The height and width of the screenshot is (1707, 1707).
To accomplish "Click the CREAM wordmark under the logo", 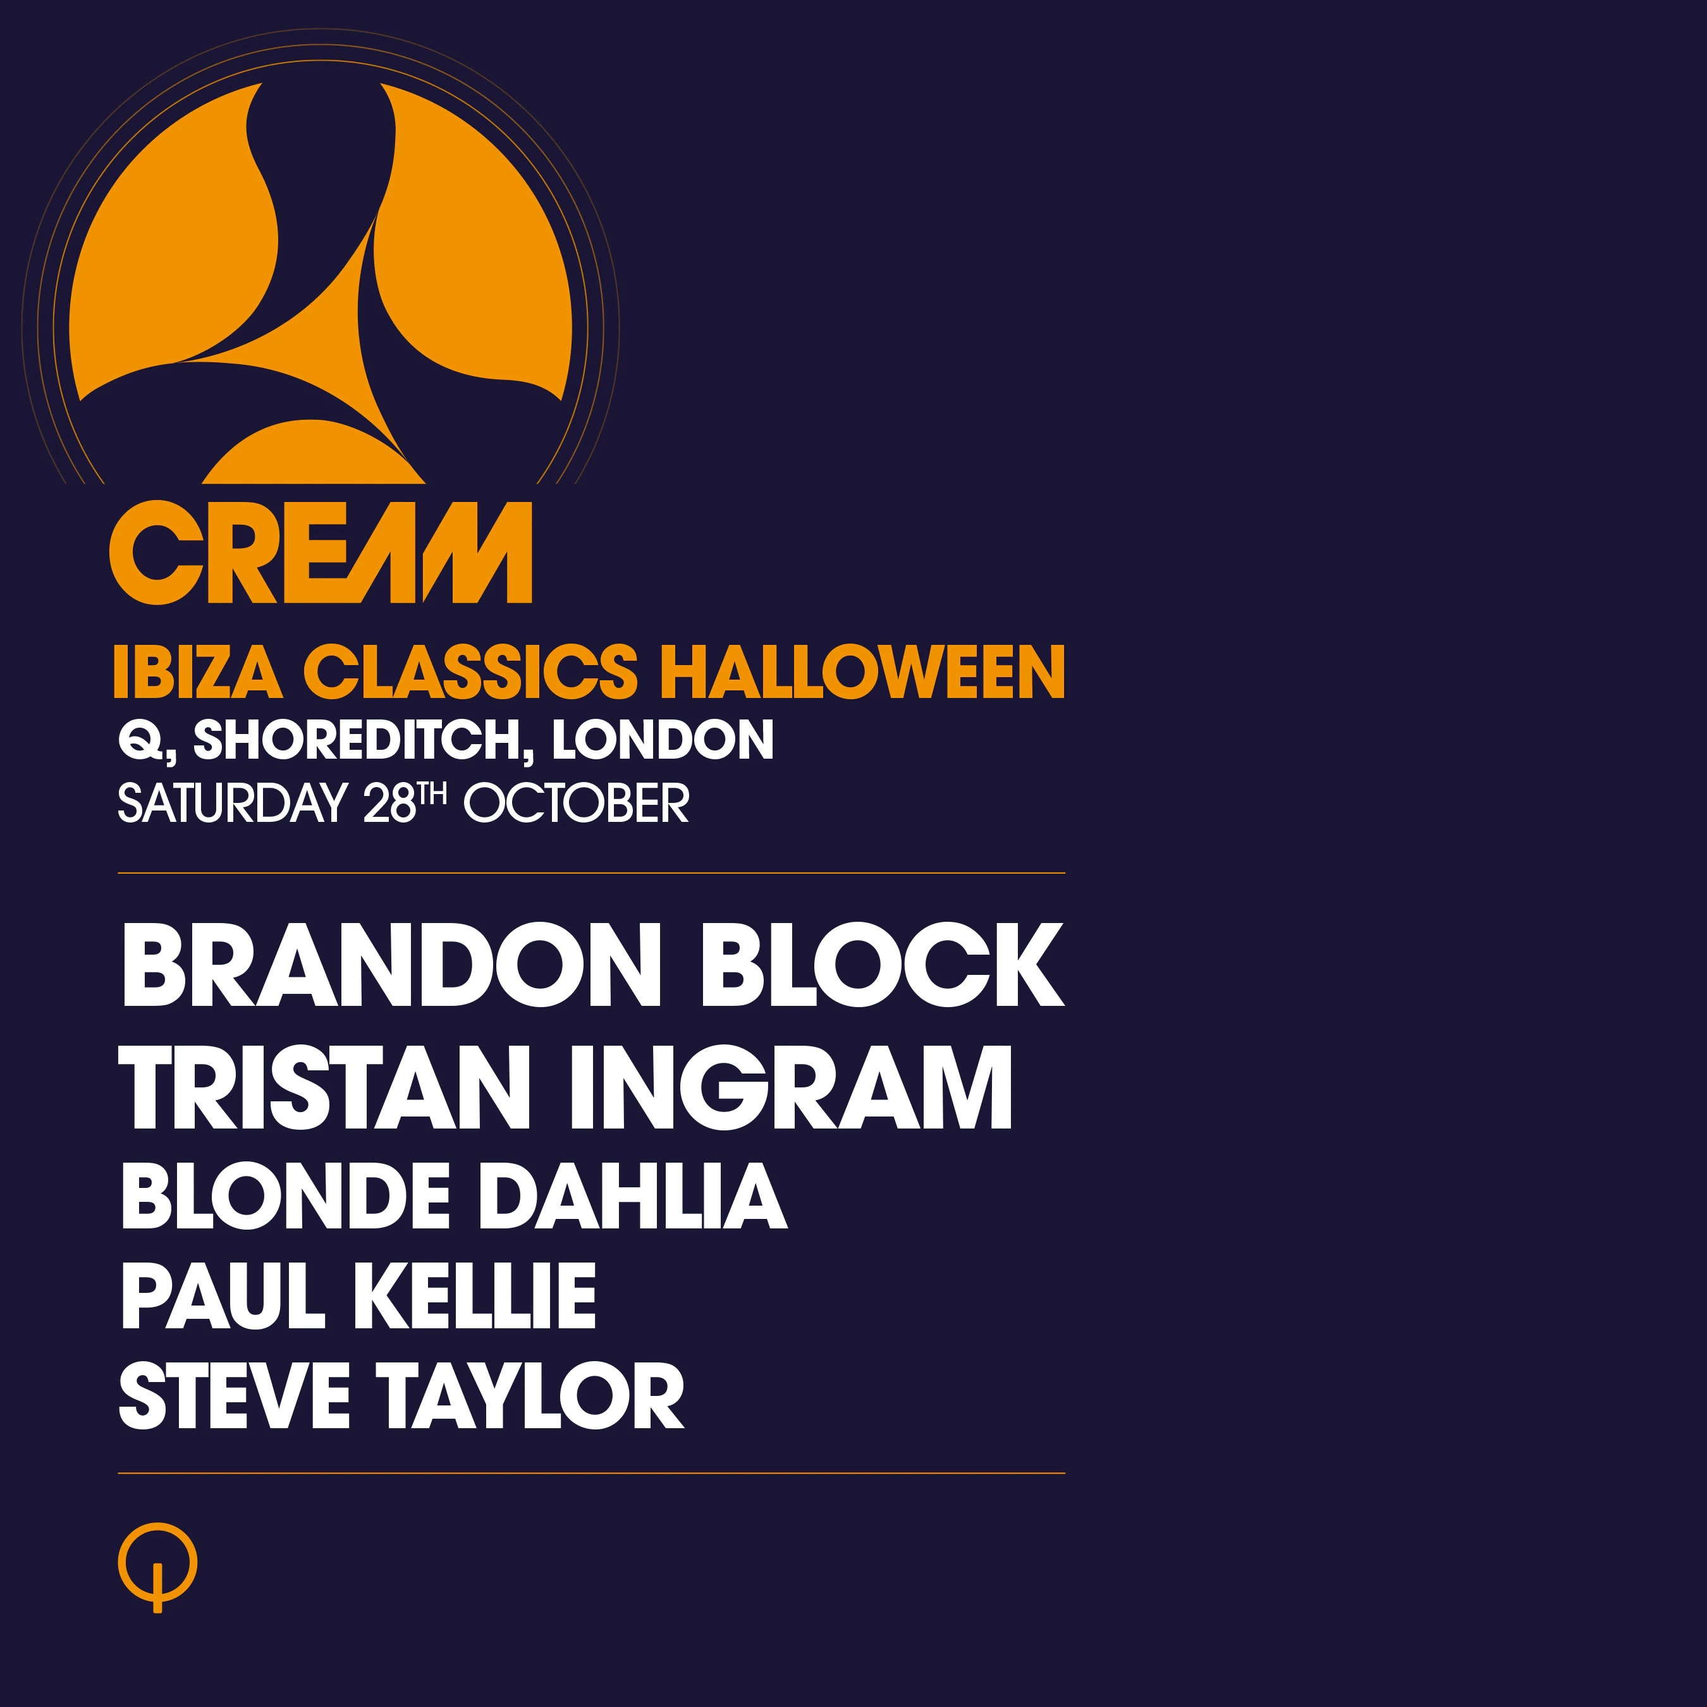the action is click(x=321, y=553).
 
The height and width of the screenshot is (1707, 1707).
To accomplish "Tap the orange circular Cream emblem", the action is click(x=321, y=283).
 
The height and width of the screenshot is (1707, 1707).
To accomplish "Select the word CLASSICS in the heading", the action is click(x=470, y=671).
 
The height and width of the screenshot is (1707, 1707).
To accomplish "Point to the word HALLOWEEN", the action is click(x=863, y=671).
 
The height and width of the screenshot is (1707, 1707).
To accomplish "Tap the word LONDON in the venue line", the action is click(x=663, y=740).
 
